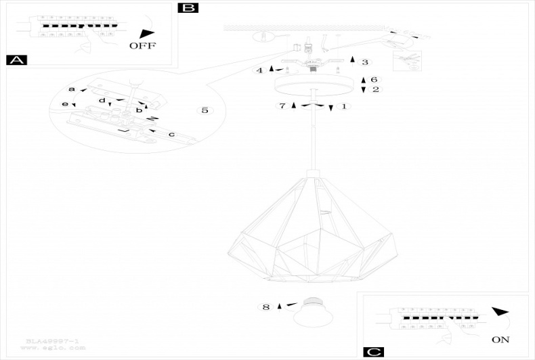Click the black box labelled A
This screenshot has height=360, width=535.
16,60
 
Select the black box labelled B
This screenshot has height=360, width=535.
188,8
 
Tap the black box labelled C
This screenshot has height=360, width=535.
373,352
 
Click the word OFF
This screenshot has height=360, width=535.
142,46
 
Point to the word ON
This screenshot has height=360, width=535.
500,340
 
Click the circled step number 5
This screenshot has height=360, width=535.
205,110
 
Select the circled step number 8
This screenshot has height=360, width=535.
265,307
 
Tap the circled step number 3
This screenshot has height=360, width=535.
365,62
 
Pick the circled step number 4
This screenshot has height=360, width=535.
259,70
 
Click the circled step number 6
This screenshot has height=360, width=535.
374,80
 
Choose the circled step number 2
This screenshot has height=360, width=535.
375,89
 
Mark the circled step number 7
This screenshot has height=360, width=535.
282,106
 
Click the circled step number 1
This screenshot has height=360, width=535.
343,107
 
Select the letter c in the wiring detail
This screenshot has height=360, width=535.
171,135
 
